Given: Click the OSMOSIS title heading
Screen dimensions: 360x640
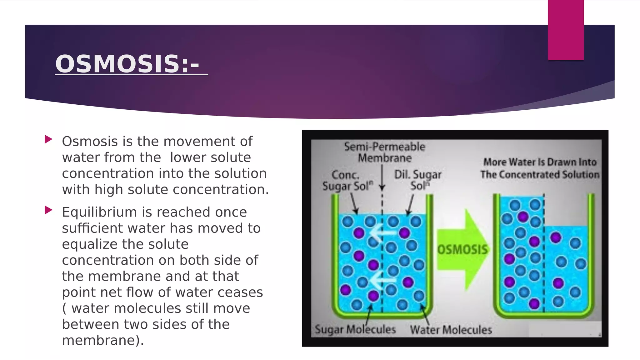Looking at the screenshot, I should [127, 64].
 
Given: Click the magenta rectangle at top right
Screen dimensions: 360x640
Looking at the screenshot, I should [566, 30].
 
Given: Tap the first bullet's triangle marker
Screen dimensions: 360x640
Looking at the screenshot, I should [48, 139].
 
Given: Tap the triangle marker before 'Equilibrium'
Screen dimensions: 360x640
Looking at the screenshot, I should [48, 210].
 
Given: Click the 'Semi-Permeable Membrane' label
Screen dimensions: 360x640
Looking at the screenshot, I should [385, 152].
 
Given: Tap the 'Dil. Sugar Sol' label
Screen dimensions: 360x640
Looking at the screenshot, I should [418, 180].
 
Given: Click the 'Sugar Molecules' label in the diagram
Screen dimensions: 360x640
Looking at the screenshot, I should [355, 329].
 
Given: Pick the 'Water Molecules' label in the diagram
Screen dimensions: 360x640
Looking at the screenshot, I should [451, 330].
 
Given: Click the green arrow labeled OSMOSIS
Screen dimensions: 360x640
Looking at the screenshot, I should [462, 249].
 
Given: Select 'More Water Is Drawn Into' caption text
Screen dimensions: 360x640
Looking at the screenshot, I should [540, 162].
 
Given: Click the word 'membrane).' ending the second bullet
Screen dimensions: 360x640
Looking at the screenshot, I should [103, 340].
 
